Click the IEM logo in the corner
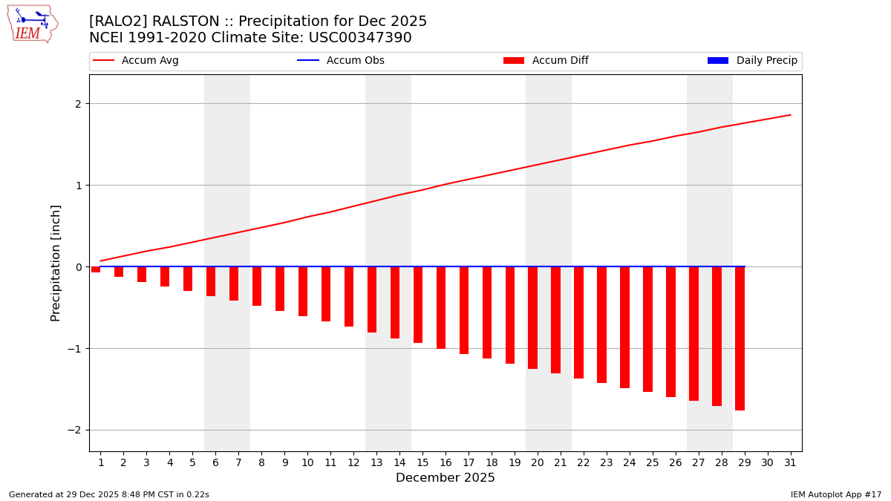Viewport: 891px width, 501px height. (32, 24)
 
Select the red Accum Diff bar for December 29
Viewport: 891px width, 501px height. (740, 338)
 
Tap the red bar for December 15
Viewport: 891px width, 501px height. (418, 304)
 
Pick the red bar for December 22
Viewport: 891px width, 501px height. (578, 322)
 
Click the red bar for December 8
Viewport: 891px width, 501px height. (257, 286)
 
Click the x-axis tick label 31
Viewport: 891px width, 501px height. (790, 462)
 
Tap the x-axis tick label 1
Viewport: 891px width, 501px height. (100, 462)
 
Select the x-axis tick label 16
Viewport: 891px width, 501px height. (446, 462)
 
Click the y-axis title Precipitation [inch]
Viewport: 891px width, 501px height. (56, 263)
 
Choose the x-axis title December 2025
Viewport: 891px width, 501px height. (446, 478)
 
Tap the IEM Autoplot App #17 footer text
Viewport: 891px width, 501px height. (836, 494)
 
